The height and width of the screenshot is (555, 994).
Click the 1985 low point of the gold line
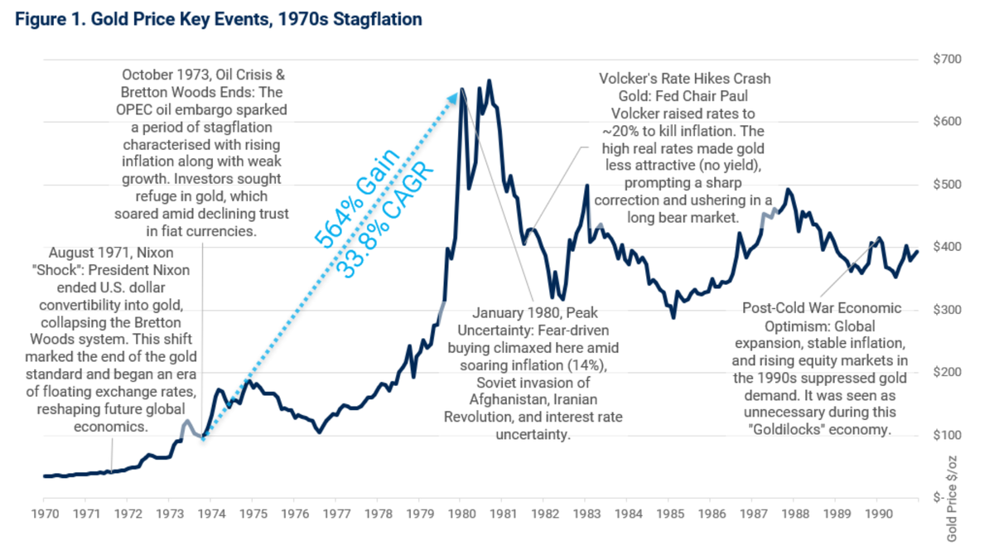coord(673,317)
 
